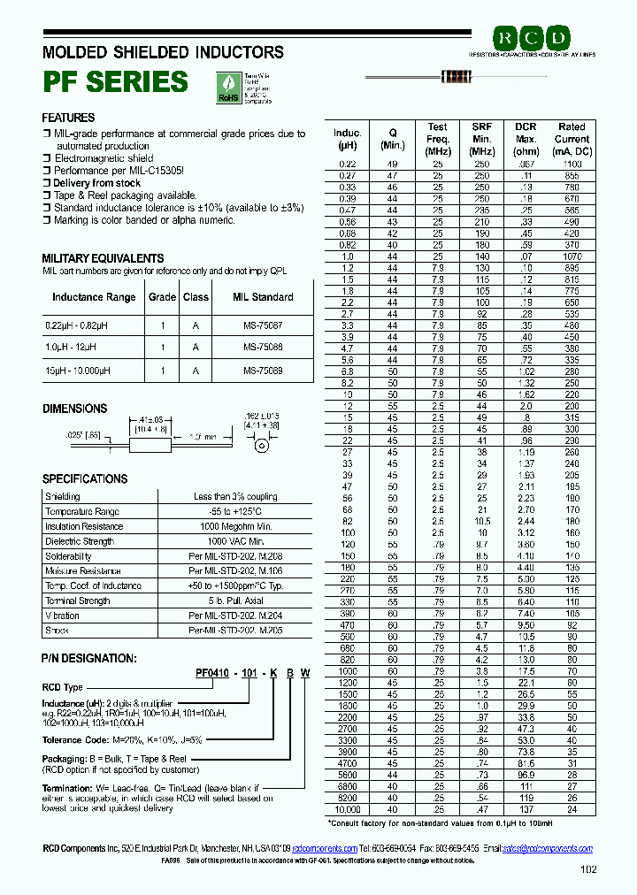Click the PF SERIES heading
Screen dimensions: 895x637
pyautogui.click(x=115, y=81)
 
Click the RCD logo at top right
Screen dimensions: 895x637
pyautogui.click(x=531, y=38)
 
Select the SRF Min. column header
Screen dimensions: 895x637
pyautogui.click(x=481, y=139)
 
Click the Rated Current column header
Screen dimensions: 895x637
pyautogui.click(x=572, y=139)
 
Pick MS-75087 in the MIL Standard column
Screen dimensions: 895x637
pyautogui.click(x=263, y=326)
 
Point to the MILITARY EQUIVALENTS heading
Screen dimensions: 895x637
pyautogui.click(x=103, y=257)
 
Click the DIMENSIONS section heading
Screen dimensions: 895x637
pyautogui.click(x=75, y=409)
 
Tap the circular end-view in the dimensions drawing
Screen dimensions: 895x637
pyautogui.click(x=261, y=446)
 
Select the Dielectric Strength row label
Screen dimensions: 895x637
pyautogui.click(x=79, y=541)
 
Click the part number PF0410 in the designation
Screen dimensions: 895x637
pyautogui.click(x=212, y=673)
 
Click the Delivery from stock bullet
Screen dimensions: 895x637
pyautogui.click(x=96, y=183)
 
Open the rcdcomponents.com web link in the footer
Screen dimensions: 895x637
pyautogui.click(x=325, y=848)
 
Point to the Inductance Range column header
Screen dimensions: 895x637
pyautogui.click(x=94, y=297)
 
